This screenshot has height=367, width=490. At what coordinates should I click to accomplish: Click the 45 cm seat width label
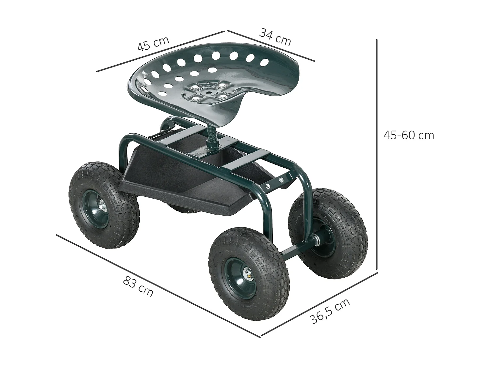coord(153,44)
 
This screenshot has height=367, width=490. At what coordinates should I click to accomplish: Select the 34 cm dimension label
coord(275,37)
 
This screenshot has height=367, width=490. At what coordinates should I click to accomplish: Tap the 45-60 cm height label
coord(409,135)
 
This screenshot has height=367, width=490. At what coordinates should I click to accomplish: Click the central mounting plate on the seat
coord(207,92)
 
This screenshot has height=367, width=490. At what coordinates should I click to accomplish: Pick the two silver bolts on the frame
coord(274,183)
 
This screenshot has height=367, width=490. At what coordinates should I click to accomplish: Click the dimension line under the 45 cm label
coord(160,51)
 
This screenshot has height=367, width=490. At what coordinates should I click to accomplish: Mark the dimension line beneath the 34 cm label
coord(271,46)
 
